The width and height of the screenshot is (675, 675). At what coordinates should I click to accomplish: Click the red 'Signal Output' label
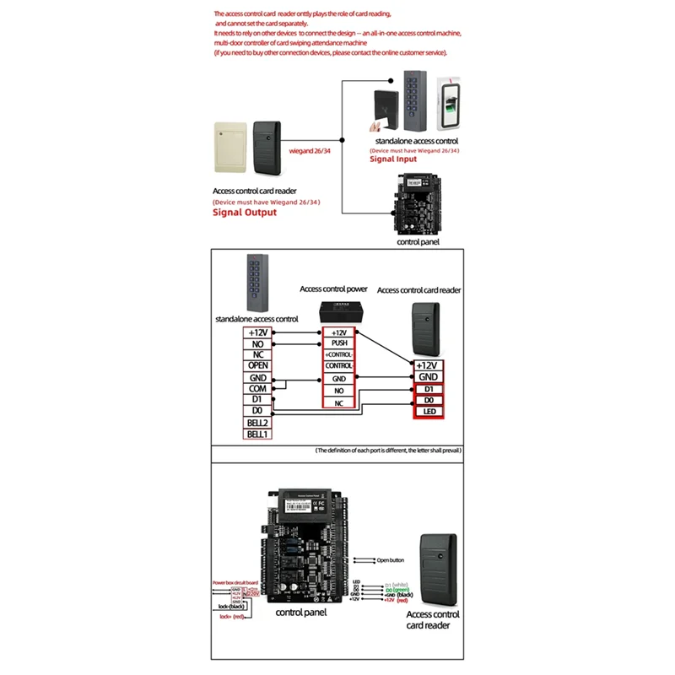pos(244,213)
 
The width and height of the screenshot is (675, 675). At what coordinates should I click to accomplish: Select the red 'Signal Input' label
pos(393,158)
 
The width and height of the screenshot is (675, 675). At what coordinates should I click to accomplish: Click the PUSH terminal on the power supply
pos(340,343)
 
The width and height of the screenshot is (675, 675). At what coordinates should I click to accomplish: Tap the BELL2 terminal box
pos(257,422)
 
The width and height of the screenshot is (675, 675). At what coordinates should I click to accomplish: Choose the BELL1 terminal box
pos(257,434)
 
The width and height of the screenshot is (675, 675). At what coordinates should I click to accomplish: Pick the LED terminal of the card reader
pos(428,412)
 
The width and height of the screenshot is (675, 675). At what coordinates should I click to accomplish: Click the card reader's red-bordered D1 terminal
pos(428,388)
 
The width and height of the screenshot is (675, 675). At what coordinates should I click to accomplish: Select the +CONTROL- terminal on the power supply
pos(340,354)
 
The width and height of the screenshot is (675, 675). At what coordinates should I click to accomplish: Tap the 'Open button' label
pos(391,559)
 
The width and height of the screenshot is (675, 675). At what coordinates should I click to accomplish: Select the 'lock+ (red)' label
pos(230,617)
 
